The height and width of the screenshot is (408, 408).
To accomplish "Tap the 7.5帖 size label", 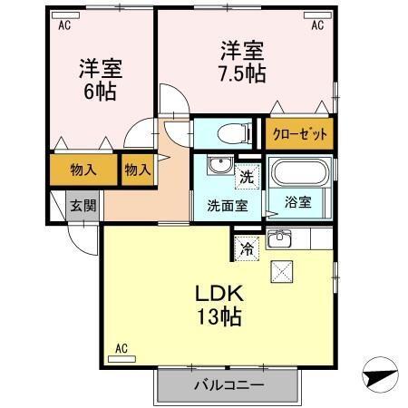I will [240, 73].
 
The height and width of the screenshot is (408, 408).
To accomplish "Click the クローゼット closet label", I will [299, 134].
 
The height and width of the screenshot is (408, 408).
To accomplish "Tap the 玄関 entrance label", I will [83, 205].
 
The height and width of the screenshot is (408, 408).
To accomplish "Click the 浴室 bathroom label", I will [297, 201].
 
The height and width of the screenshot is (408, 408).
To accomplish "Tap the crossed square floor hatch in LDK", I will [282, 270].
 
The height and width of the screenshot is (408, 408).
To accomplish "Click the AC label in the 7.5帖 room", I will [318, 26].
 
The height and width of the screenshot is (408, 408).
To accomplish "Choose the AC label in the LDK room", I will [121, 347].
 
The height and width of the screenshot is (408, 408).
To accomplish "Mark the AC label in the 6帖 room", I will [64, 26].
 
